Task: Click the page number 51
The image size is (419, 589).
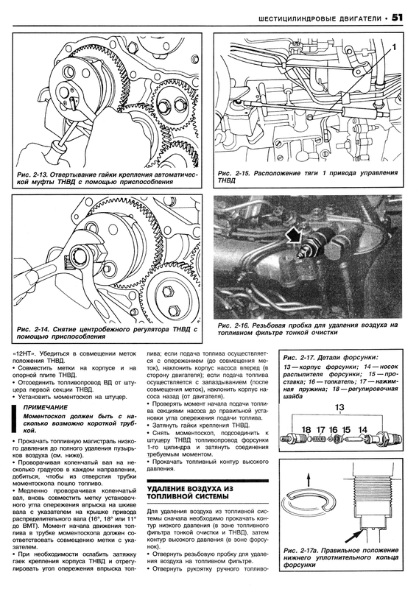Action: [398, 18]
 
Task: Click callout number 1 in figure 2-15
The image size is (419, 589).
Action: [394, 47]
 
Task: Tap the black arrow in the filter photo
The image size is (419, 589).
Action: [295, 236]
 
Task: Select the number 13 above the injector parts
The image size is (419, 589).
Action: [339, 408]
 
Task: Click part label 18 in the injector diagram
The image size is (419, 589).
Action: [306, 430]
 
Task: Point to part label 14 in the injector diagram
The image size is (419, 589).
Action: [362, 430]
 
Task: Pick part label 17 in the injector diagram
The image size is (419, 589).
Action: [320, 430]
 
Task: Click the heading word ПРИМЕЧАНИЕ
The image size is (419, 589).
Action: [46, 407]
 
